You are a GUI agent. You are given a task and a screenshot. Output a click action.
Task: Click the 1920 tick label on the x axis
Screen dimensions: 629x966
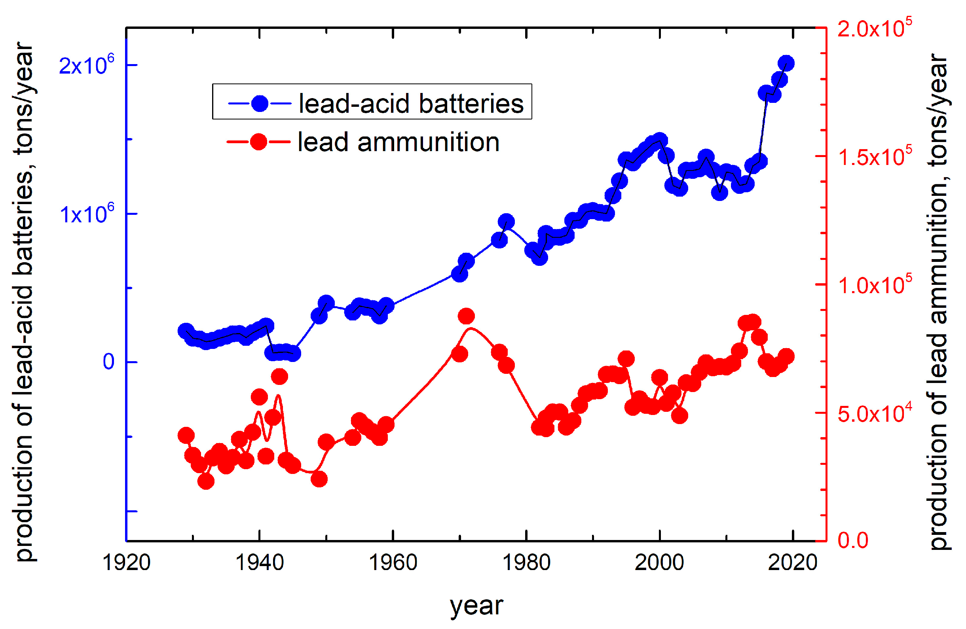point(126,563)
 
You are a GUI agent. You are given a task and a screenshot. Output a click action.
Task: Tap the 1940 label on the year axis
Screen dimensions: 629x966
point(260,563)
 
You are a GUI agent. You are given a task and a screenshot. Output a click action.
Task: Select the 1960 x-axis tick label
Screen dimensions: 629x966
point(393,563)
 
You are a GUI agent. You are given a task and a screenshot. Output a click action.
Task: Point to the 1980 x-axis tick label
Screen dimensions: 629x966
point(526,563)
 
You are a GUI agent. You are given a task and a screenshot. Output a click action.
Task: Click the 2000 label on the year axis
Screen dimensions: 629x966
point(660,563)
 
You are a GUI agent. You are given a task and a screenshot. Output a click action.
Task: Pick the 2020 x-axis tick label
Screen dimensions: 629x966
point(793,563)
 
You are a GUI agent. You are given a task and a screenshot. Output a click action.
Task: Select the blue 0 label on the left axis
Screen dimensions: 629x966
point(108,362)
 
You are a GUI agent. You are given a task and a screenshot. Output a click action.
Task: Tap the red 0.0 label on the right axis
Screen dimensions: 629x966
point(852,540)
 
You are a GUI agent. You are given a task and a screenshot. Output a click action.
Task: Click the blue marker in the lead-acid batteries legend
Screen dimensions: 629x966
point(260,104)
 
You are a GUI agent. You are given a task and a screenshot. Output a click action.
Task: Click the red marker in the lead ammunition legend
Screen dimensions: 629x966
point(258,142)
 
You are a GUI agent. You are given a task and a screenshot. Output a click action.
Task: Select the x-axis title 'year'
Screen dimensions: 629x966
point(476,606)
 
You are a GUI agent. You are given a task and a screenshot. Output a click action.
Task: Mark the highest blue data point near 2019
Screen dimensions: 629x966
point(786,63)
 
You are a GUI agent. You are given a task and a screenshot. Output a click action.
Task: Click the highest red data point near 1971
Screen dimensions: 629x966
point(466,316)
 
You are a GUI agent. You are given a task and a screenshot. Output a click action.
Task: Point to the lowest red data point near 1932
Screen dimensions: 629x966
point(206,481)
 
